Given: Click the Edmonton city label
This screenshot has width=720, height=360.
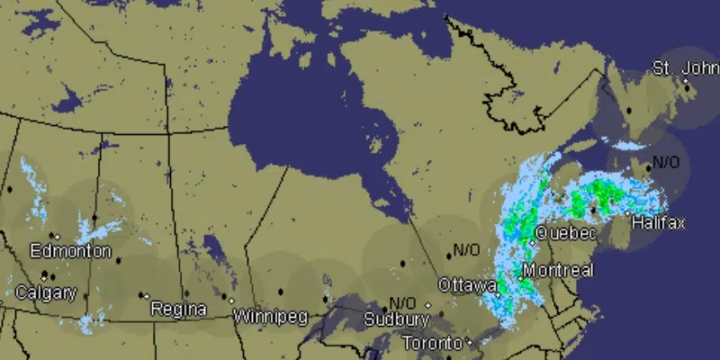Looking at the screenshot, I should (x=70, y=251).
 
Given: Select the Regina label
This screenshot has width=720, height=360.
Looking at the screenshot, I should (x=178, y=310).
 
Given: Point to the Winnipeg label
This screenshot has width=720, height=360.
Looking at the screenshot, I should (x=270, y=317).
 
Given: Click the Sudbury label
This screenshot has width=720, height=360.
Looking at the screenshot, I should (x=396, y=319).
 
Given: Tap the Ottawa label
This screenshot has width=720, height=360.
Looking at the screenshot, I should (x=466, y=285).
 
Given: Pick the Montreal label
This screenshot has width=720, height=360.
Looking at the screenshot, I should (x=557, y=271).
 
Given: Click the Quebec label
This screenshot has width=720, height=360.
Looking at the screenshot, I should (x=565, y=234).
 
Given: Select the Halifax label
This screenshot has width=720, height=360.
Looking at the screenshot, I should (x=658, y=222).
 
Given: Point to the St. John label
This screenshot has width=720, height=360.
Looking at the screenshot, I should (x=686, y=67).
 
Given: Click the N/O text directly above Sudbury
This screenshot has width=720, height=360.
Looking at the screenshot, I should (x=402, y=302).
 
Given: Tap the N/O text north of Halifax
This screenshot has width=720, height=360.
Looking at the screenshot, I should (x=667, y=163).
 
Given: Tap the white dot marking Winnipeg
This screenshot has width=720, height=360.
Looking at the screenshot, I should (x=232, y=301).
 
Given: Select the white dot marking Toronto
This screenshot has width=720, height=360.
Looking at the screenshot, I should (x=470, y=343).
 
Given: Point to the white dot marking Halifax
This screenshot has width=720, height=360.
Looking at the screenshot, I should (x=628, y=212).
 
